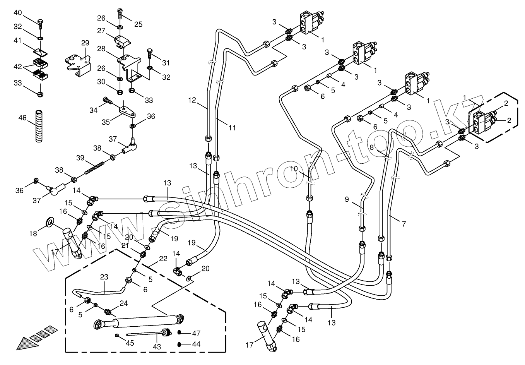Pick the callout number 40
pyautogui.click(x=18, y=12)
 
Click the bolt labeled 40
pyautogui.click(x=40, y=24)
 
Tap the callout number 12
pyautogui.click(x=193, y=100)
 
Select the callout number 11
pyautogui.click(x=232, y=127)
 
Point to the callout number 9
pyautogui.click(x=347, y=200)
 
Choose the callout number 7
pyautogui.click(x=404, y=224)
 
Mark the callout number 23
pyautogui.click(x=104, y=277)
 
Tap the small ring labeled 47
pyautogui.click(x=180, y=332)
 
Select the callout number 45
pyautogui.click(x=130, y=343)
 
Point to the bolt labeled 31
pyautogui.click(x=150, y=53)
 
